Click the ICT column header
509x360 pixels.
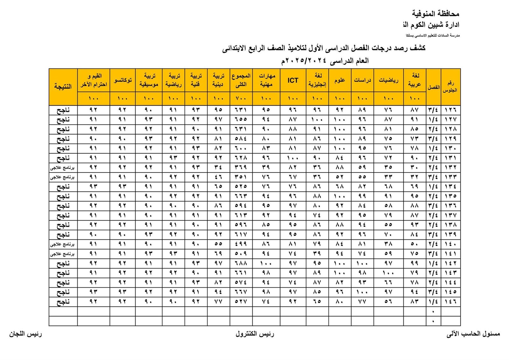click(293, 80)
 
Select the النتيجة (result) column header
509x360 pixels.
click(63, 86)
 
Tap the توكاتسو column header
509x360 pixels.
click(122, 80)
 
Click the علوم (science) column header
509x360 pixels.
click(340, 80)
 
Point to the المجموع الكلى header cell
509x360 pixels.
click(241, 80)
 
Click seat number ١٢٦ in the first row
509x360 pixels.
click(450, 110)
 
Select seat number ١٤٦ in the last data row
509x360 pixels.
click(450, 301)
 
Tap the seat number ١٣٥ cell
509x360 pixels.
click(450, 196)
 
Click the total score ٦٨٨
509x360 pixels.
click(241, 263)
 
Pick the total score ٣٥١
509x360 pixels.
click(241, 177)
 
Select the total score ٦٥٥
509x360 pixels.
click(241, 119)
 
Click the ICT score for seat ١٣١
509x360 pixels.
click(293, 158)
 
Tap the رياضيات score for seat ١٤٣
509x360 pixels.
click(388, 273)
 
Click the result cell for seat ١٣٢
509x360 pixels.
click(63, 167)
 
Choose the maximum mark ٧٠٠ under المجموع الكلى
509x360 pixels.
click(241, 99)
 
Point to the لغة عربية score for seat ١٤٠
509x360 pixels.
click(415, 244)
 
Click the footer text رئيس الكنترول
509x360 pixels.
click(255, 334)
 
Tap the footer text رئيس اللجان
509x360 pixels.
click(25, 334)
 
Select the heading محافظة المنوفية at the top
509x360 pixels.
click(436, 14)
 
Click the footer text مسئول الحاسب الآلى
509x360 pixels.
click(473, 334)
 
